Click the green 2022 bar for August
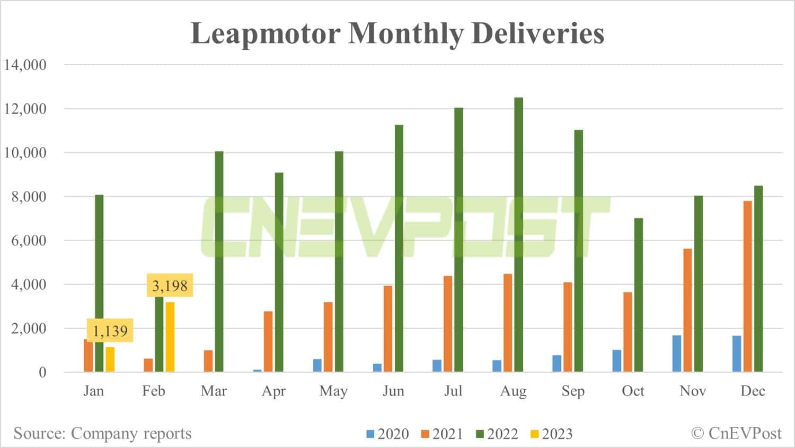(x=519, y=234)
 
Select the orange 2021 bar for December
(x=747, y=286)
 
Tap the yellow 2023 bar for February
(x=170, y=337)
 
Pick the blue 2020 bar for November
(x=677, y=353)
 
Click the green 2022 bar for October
(x=639, y=295)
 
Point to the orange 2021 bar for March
(x=208, y=361)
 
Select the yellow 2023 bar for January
(x=110, y=359)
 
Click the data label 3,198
(x=170, y=286)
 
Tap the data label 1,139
(x=110, y=331)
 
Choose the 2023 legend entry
(x=551, y=434)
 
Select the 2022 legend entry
(x=497, y=434)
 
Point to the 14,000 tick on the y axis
(x=25, y=65)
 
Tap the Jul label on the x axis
(x=453, y=391)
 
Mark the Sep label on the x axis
(x=573, y=391)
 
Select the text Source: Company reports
(x=102, y=433)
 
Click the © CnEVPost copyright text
(x=736, y=433)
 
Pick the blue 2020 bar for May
(x=317, y=365)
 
